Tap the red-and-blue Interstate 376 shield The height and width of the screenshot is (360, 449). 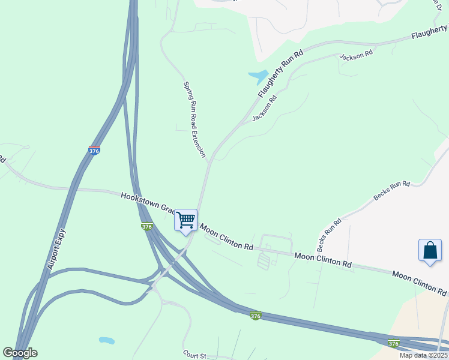(94, 151)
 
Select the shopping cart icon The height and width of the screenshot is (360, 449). (186, 220)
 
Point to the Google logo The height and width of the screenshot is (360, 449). (20, 353)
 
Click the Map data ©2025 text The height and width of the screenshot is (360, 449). (423, 355)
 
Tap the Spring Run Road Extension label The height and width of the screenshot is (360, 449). (194, 119)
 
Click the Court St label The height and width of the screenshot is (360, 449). (194, 356)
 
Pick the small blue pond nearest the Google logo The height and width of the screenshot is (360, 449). (106, 340)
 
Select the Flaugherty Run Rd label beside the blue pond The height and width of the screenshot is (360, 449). (282, 74)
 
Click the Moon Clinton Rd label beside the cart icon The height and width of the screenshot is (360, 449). (226, 237)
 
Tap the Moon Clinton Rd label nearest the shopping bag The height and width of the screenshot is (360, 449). (419, 283)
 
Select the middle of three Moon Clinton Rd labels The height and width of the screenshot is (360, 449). (322, 260)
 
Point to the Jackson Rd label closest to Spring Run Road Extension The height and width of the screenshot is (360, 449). (264, 107)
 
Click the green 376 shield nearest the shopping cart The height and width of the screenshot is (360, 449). (147, 226)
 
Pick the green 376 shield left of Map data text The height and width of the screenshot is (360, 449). (393, 343)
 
